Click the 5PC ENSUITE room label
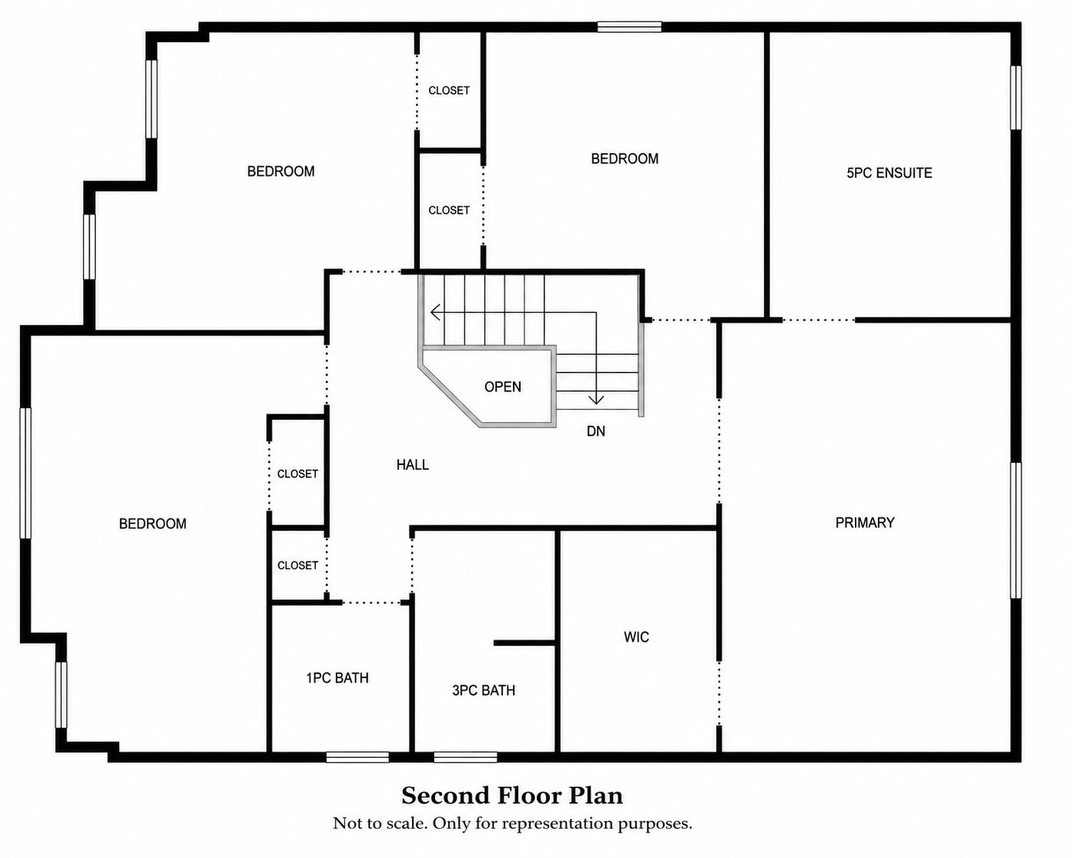pos(889,173)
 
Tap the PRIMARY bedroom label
pos(865,522)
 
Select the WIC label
pos(636,637)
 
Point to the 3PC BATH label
pos(483,690)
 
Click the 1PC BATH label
pos(337,678)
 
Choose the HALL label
pos(412,465)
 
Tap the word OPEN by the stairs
pos(502,387)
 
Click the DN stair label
pos(596,431)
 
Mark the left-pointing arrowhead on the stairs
pos(435,313)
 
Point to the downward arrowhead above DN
pos(596,399)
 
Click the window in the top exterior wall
pos(629,27)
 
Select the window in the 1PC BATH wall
pos(358,757)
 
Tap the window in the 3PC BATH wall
pos(465,757)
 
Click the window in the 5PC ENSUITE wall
pos(1015,98)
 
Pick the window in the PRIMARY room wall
pos(1015,530)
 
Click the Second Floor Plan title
pos(512,796)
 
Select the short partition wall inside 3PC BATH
pos(525,643)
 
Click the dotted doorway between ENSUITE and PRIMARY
pos(819,320)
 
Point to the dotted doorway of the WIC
pos(719,693)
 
